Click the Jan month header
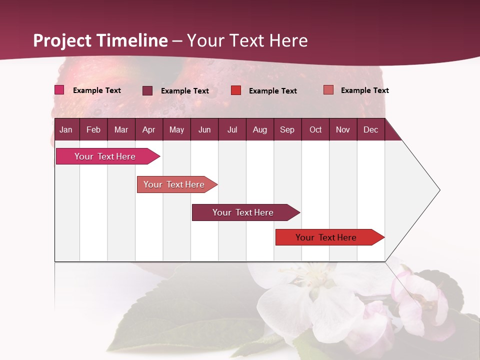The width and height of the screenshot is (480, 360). click(x=66, y=129)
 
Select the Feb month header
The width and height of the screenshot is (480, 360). click(x=93, y=129)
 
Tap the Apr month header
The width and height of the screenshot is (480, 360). click(x=148, y=129)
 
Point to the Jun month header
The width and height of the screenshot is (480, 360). click(x=204, y=129)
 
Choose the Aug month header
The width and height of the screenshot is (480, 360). click(x=259, y=129)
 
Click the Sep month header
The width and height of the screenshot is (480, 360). click(x=287, y=129)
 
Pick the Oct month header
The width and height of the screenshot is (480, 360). click(x=315, y=129)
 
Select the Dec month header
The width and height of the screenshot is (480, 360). click(x=370, y=129)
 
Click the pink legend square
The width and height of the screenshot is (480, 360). click(x=59, y=90)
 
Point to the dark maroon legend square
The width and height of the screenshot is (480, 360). click(x=147, y=90)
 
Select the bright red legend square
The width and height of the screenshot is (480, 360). click(x=236, y=90)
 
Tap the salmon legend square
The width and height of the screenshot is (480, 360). click(x=328, y=90)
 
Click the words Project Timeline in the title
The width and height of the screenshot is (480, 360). click(x=100, y=40)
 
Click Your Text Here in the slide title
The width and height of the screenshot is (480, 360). click(x=247, y=40)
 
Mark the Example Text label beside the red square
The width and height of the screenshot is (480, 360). click(x=272, y=91)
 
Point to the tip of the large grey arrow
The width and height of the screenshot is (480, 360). click(x=439, y=190)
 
